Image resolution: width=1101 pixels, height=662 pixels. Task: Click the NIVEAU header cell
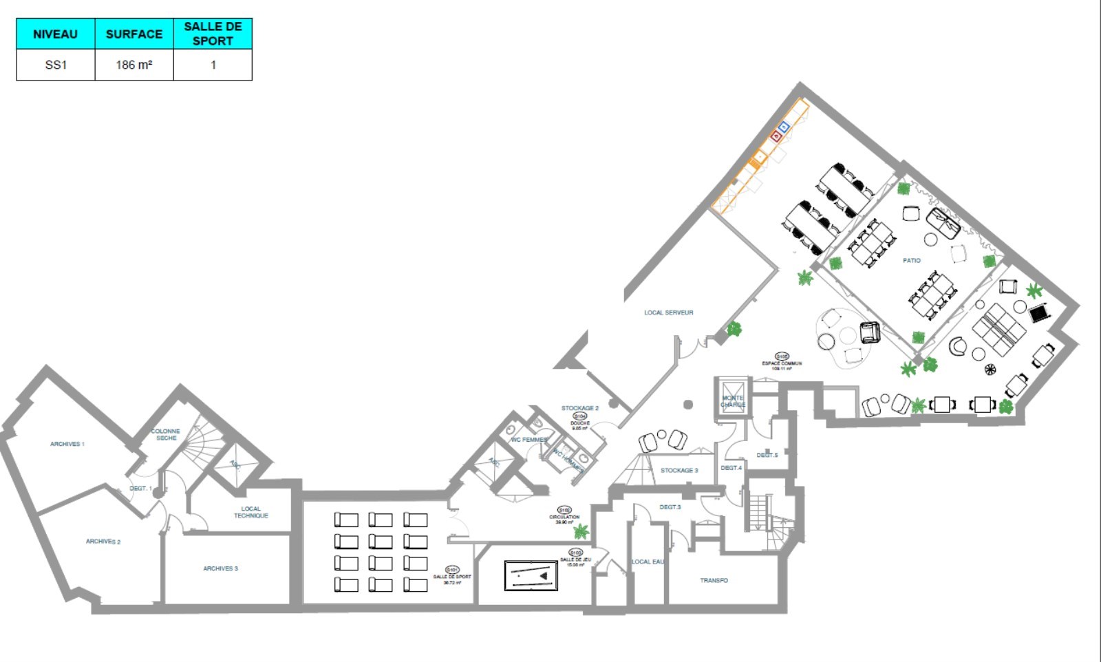[x=55, y=34]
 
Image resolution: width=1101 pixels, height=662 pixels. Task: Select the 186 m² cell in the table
[x=134, y=65]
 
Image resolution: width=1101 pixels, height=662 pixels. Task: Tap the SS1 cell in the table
[x=55, y=65]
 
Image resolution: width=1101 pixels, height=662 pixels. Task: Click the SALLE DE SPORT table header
[x=213, y=34]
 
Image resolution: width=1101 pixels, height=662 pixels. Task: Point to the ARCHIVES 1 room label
[x=67, y=444]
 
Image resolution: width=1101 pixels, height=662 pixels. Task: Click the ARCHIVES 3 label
[x=220, y=568]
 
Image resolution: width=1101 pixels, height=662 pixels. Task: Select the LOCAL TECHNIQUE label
[x=250, y=512]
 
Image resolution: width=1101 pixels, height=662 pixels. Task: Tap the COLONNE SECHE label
[x=166, y=434]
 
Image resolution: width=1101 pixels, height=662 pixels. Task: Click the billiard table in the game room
[x=531, y=575]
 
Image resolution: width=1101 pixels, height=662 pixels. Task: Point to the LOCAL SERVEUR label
[x=668, y=312]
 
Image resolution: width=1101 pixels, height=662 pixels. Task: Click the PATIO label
[x=912, y=260]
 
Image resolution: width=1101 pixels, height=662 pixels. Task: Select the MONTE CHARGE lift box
[x=732, y=398]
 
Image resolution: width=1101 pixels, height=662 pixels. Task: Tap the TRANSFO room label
[x=714, y=580]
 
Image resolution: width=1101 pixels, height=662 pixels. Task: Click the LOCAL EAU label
[x=648, y=562]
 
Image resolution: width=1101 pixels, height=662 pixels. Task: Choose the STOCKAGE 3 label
[x=679, y=470]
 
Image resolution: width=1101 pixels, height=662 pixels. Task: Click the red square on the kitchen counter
[x=776, y=136]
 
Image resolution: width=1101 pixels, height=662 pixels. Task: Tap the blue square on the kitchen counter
[x=784, y=127]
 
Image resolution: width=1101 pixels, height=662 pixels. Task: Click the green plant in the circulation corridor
[x=581, y=531]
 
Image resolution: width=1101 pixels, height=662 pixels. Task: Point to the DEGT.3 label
[x=670, y=507]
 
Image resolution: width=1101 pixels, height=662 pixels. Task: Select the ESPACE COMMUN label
[x=781, y=363]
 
